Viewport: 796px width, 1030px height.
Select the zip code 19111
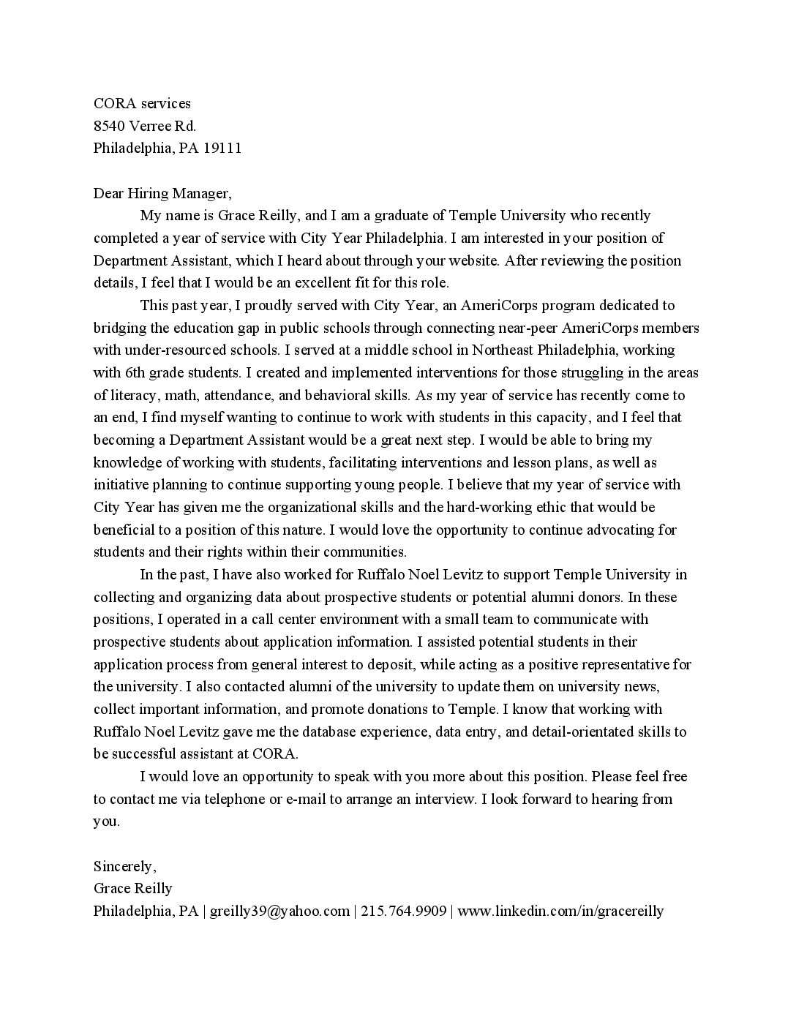[x=222, y=149]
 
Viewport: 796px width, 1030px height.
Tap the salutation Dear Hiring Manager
[x=162, y=193]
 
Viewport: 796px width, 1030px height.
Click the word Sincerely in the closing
[x=124, y=866]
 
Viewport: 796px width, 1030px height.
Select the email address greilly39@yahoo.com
[x=279, y=911]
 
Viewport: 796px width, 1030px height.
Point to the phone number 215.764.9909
[x=404, y=911]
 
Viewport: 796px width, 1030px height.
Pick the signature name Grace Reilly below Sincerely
[x=132, y=889]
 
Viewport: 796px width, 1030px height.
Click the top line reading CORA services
[x=142, y=103]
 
